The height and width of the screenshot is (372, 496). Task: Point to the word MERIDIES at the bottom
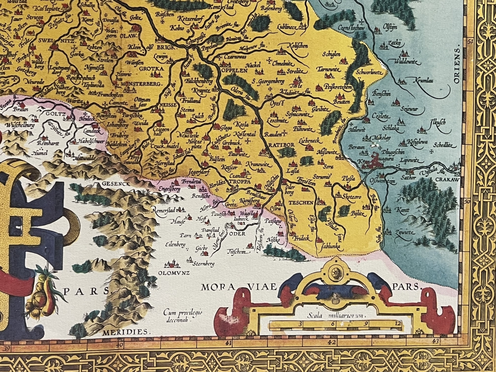[131, 332]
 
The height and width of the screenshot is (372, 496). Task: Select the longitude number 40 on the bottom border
[119, 343]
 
